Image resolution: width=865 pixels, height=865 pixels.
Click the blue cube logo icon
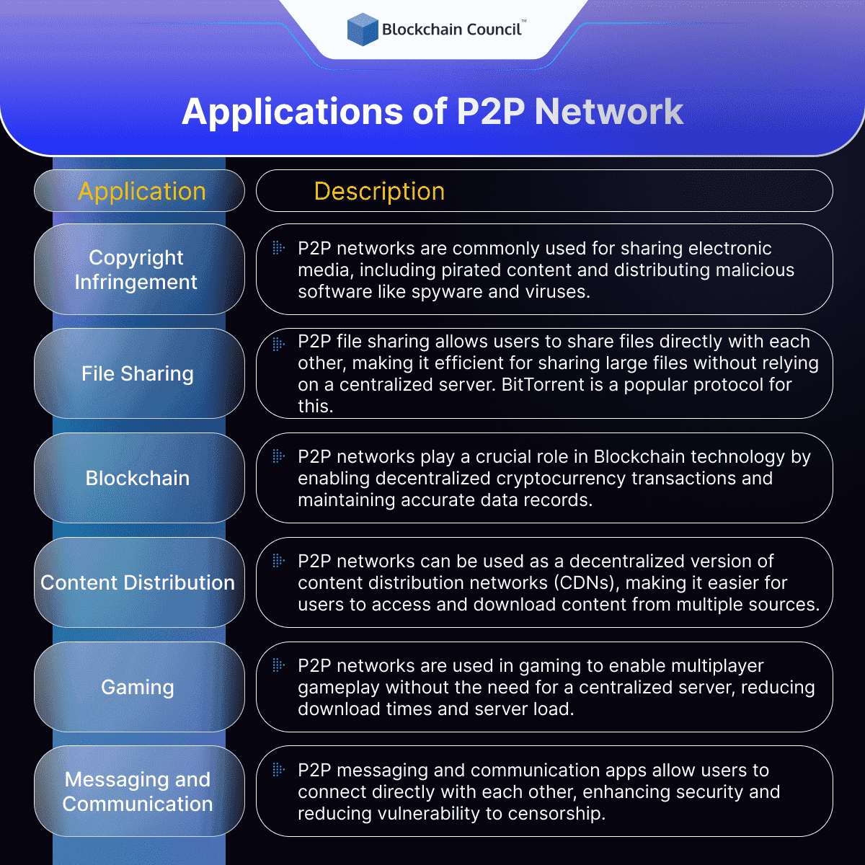(x=363, y=30)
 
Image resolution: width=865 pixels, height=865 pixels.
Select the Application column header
(x=142, y=191)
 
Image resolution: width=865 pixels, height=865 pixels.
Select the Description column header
(x=379, y=191)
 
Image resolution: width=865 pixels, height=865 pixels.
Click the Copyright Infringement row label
(x=136, y=270)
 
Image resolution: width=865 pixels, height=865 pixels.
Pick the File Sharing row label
(x=138, y=373)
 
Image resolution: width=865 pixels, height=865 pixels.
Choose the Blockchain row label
(x=138, y=478)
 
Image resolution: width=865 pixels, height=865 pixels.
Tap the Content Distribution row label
(x=138, y=582)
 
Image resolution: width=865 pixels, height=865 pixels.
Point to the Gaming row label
(x=138, y=687)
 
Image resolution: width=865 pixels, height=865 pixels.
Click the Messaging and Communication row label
(x=138, y=791)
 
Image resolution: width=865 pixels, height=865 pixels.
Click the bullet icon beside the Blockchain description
(x=278, y=456)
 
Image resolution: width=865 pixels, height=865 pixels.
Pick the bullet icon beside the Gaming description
(x=278, y=665)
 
